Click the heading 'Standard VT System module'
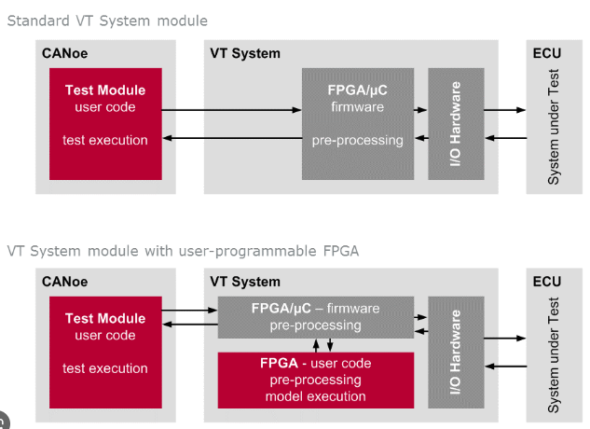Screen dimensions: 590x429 point(107,21)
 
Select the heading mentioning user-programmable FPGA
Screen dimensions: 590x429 point(183,251)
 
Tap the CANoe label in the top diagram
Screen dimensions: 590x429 point(64,53)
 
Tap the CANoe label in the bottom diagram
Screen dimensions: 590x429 point(64,282)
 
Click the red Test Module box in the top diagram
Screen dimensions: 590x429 point(105,124)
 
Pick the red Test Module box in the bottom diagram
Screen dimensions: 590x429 point(105,353)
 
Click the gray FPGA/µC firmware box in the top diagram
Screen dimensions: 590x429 point(358,124)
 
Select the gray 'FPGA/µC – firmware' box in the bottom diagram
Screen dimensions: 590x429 point(316,317)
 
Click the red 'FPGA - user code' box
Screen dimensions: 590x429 point(316,380)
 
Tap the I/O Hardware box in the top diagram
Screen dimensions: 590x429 point(456,124)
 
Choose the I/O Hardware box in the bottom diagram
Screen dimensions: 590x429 point(456,353)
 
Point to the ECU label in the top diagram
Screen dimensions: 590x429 point(547,53)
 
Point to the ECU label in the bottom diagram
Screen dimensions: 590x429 point(547,282)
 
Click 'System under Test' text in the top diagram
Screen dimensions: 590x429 point(553,127)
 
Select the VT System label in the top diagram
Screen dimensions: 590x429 point(245,53)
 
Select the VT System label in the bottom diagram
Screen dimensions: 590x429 point(245,282)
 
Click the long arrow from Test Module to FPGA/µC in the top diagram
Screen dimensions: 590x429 point(232,110)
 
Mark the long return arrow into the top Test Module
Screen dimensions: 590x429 point(232,138)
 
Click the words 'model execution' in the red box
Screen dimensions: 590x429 point(316,396)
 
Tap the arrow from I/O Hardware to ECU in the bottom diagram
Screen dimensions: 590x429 point(504,339)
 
